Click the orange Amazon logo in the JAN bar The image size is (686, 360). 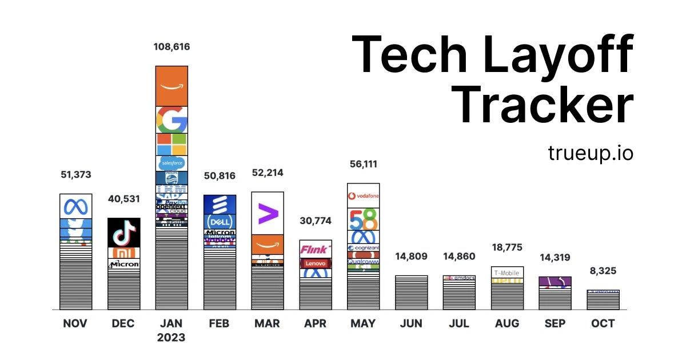point(171,86)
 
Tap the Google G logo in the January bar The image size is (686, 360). point(171,119)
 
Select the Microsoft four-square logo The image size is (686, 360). point(171,145)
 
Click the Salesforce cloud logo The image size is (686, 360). point(171,163)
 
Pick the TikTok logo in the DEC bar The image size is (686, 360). point(123,233)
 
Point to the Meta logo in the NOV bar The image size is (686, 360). point(75,206)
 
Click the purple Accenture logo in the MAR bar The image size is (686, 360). point(268,213)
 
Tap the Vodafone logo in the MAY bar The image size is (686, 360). point(364,196)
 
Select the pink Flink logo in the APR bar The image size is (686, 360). point(316,249)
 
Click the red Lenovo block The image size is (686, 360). point(316,263)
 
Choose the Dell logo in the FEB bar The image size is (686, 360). point(220,222)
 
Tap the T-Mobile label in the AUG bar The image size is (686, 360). point(508,273)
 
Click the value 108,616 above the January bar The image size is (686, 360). point(171,47)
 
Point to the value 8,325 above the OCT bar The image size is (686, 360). point(603,270)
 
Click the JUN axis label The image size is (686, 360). point(411,323)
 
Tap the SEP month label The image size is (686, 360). point(555,323)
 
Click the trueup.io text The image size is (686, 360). point(591,153)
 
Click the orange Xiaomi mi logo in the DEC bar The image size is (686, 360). point(123,253)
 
